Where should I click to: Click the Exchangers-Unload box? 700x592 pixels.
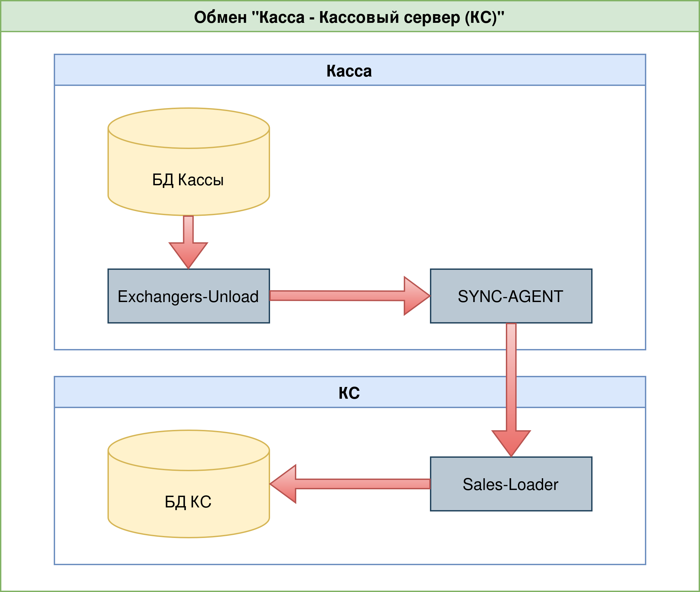(x=188, y=296)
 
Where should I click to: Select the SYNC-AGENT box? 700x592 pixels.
(x=511, y=296)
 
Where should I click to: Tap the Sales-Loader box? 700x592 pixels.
(x=511, y=484)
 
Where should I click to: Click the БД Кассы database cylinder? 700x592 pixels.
(x=188, y=161)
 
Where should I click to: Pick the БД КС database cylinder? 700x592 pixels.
(x=188, y=484)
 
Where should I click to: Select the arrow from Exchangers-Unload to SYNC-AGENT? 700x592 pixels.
(x=336, y=296)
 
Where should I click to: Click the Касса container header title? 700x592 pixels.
(x=349, y=71)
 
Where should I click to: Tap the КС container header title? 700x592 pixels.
(x=349, y=393)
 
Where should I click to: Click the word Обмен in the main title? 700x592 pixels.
(x=220, y=17)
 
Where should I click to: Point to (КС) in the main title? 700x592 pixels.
(x=481, y=17)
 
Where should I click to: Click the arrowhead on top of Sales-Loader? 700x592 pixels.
(x=511, y=442)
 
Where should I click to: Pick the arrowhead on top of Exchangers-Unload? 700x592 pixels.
(x=188, y=254)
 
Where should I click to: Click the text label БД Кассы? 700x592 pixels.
(x=188, y=180)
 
